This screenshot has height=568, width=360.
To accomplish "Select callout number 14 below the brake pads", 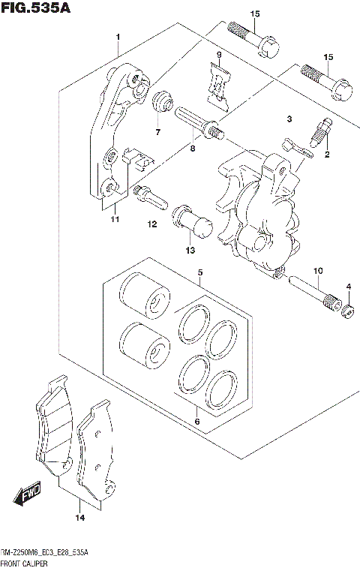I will point(79,517).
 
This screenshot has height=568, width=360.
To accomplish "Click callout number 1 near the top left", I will point(118,37).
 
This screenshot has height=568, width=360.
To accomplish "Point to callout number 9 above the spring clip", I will point(219,56).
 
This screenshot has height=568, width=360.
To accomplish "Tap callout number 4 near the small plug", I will point(349,287).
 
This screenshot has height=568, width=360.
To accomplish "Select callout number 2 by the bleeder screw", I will point(327,155).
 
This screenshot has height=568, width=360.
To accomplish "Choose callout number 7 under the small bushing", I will point(158,133).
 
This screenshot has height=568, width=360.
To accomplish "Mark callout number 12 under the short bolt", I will point(151,224).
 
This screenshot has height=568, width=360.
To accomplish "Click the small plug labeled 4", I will point(347,309).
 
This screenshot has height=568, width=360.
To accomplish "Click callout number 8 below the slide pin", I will point(193,149).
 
